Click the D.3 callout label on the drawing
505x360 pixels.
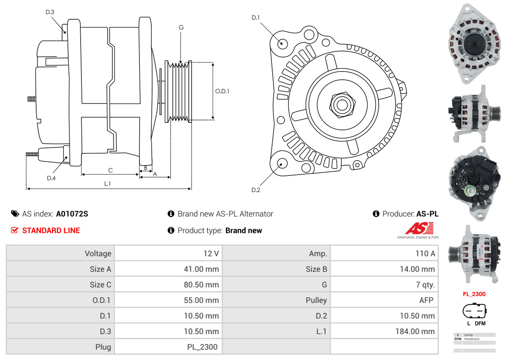point(50,12)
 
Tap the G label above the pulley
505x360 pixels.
point(181,28)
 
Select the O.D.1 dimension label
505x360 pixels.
point(222,91)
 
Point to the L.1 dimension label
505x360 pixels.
point(107,184)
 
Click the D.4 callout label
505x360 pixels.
point(51,178)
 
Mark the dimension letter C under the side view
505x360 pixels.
point(110,170)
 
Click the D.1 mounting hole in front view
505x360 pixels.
point(282,43)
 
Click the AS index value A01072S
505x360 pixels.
point(72,214)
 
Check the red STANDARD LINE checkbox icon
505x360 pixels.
point(14,231)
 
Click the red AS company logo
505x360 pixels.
point(419,228)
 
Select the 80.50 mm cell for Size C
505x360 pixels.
point(201,285)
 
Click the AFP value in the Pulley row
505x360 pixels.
point(426,300)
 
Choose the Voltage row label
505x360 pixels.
point(98,254)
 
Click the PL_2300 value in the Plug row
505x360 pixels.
point(202,347)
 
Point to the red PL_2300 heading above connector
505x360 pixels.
point(474,294)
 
